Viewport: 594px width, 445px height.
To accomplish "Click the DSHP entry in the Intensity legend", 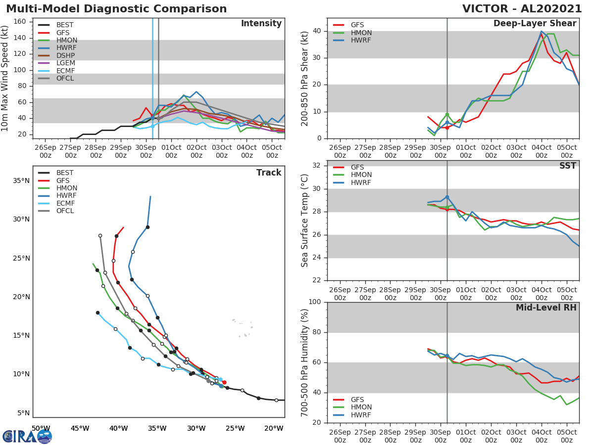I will coord(65,55).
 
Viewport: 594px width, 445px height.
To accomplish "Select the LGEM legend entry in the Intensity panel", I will coord(65,63).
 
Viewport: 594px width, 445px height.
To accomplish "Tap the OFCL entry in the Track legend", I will coord(65,211).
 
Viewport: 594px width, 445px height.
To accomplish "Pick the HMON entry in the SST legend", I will coord(361,175).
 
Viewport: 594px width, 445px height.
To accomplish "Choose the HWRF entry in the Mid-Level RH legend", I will coord(361,415).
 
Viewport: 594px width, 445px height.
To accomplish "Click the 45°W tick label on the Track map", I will coord(80,428).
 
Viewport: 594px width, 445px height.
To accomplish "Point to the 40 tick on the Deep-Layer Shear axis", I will coord(317,31).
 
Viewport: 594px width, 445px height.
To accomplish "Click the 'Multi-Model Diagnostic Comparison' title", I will coord(116,9).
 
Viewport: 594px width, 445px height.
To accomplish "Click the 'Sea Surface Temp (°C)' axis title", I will coord(305,221).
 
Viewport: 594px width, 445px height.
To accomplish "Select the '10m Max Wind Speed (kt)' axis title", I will coord(5,79).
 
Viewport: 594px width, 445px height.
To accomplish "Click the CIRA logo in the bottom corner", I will coord(27,436).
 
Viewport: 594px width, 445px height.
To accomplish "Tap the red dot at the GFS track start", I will coord(224,382).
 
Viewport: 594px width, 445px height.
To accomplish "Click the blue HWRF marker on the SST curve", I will coord(447,197).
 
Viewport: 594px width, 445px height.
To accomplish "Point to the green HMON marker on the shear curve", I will coord(447,115).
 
